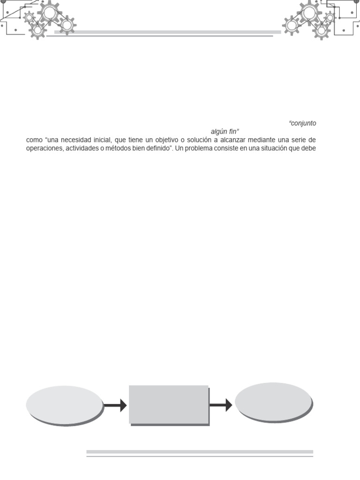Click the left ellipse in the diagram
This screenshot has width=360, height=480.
[64, 405]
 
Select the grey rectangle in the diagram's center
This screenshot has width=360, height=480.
[168, 404]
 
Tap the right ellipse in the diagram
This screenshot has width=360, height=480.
[273, 402]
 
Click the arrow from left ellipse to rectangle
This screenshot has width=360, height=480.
[115, 405]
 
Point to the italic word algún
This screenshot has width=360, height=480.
[219, 132]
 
